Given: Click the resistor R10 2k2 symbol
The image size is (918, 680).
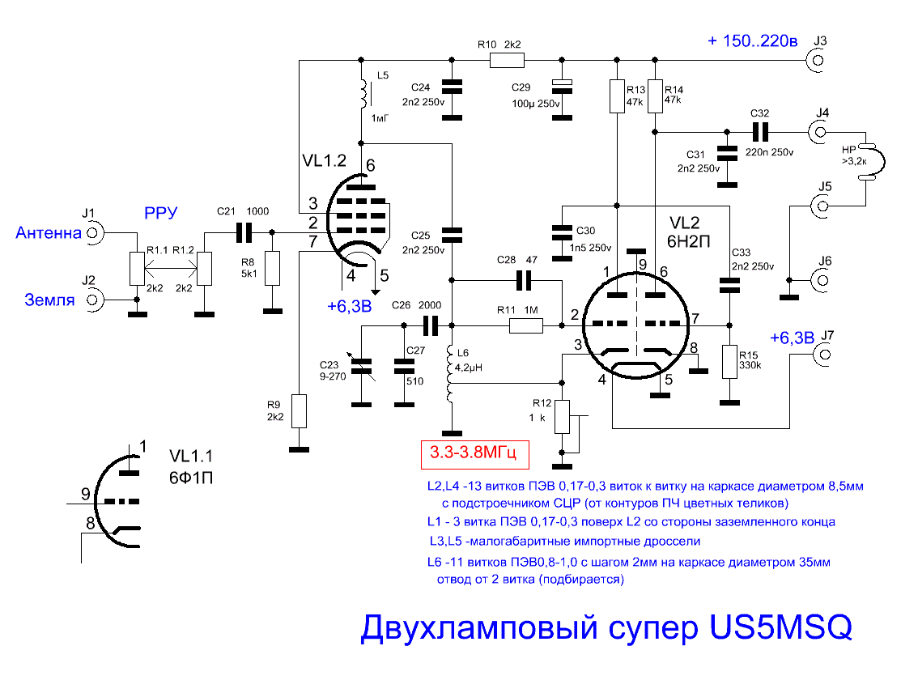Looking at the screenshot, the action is point(507,60).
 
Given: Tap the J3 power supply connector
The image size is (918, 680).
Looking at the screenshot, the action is point(818,61).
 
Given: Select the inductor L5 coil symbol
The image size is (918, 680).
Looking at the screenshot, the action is point(363,94).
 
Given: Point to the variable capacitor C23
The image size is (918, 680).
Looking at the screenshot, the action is point(361,366).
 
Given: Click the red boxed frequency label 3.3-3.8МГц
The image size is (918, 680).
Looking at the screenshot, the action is point(475,454).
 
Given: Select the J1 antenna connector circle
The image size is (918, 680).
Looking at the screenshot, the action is point(94,233).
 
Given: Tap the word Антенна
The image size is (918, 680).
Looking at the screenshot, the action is point(49,233).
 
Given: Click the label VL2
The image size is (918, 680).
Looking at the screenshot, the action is point(685,223).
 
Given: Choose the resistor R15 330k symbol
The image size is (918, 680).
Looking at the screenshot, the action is point(729,362).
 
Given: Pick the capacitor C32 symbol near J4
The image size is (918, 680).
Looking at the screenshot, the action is point(760,133).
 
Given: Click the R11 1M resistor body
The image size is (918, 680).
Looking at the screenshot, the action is point(525,325).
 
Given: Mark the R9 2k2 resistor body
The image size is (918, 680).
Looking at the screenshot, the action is point(300,411).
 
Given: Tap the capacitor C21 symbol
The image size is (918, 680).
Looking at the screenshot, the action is point(244,233).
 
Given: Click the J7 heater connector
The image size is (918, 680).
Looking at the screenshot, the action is point(824,355).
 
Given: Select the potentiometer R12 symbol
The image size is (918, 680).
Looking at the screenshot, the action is point(562,416).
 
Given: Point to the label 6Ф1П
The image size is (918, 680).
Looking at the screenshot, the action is point(191,478).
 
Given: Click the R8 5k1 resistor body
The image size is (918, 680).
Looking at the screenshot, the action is point(272,268).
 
